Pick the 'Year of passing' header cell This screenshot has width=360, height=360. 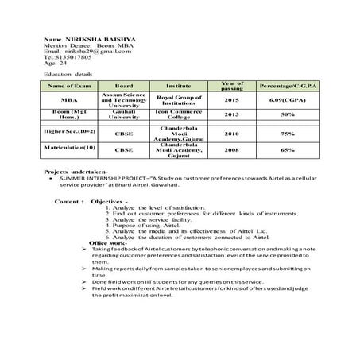231,84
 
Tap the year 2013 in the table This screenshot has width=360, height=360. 231,114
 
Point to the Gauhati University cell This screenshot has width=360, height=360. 123,114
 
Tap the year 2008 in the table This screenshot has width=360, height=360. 231,149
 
